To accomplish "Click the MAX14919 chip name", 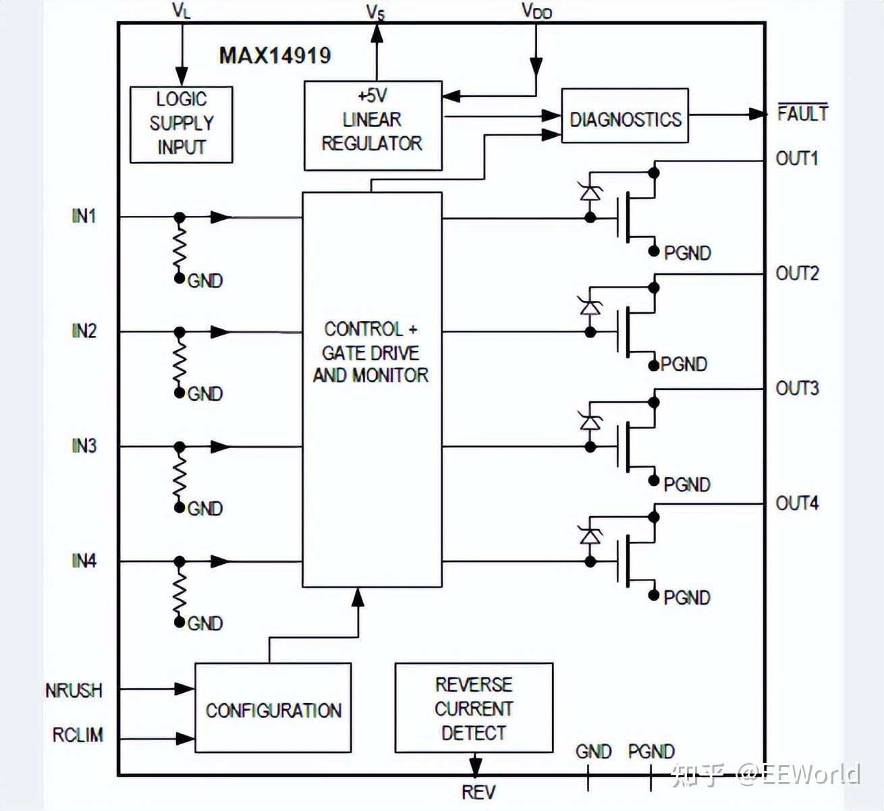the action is pos(275,56).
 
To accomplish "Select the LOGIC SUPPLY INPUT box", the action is pos(181,125).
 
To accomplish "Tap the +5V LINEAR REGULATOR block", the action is pos(372,125).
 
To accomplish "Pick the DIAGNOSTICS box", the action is pos(625,115).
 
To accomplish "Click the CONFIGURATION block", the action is pos(273,707).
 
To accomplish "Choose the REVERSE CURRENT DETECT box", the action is pos(474,707).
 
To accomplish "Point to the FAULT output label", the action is pos(802,113).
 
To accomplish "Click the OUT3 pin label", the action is pos(797,389).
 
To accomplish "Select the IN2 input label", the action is pos(84,331).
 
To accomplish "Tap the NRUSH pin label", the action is pos(74,690).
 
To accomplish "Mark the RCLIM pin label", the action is pos(78,735).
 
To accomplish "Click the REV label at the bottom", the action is pos(478,792).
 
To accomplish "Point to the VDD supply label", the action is pos(536,11).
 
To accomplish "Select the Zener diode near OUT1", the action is pos(590,193).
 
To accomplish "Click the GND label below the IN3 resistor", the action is pos(205,509).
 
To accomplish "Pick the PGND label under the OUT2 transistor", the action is pos(684,364).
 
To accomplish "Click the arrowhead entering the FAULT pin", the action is pos(758,114).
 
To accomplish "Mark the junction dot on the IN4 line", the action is pos(179,561).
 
